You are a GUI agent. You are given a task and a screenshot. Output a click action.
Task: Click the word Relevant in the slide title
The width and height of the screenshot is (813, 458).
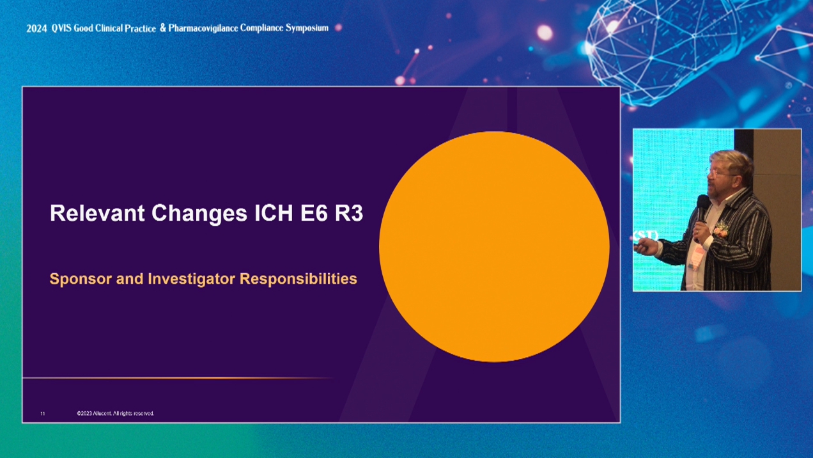[x=97, y=213]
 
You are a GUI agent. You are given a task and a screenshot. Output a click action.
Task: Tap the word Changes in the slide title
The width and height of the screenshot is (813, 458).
[x=199, y=214]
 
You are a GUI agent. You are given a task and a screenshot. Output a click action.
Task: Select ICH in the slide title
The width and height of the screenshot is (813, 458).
[x=274, y=213]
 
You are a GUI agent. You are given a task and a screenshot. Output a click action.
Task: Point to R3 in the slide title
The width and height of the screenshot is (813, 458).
[x=348, y=213]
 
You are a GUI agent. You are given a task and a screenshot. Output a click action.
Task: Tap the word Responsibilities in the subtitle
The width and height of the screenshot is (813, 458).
[x=298, y=280]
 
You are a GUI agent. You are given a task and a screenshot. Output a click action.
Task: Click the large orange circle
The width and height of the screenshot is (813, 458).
[x=494, y=247]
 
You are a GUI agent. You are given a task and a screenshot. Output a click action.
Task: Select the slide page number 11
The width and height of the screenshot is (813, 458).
[x=42, y=414]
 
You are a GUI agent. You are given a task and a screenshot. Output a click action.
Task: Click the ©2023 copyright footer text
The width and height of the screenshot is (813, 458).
[x=116, y=413]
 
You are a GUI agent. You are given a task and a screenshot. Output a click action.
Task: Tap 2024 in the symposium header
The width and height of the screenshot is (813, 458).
[x=36, y=28]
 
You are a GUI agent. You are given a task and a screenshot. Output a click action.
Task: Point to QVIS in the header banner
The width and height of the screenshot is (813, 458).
[x=61, y=28]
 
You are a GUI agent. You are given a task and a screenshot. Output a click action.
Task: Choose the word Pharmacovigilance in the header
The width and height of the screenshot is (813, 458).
[x=203, y=28]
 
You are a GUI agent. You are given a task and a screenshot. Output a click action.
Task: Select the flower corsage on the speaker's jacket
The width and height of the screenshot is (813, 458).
[x=720, y=230]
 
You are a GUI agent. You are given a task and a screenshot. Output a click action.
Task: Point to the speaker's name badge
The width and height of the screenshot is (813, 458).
[x=697, y=257]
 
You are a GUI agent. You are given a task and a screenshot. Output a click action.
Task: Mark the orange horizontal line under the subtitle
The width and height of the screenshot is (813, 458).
[x=177, y=378]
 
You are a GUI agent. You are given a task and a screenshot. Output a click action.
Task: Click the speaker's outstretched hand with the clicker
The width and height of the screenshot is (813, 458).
[x=646, y=248]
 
